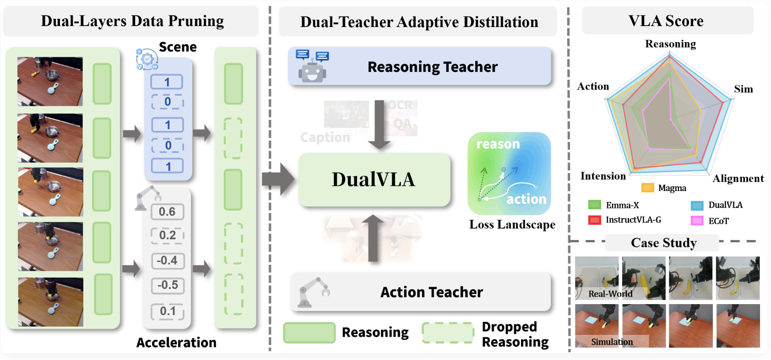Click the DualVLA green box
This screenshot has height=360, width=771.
pos(374,180)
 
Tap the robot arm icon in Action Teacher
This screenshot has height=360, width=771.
pos(313,292)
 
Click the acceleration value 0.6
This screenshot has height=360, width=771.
pos(167,212)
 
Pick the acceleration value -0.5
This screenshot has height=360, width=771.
pos(168,285)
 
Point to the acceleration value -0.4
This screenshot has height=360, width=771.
pos(167,261)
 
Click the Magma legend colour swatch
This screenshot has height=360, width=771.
pos(647,188)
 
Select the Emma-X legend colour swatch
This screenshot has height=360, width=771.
pos(594,205)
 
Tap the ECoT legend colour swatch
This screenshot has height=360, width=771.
pos(697,221)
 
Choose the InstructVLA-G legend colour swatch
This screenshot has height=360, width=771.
pos(594,220)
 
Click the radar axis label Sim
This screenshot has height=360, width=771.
pos(743,89)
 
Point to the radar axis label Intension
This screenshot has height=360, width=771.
pos(603,176)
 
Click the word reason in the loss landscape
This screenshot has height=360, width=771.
pos(498,144)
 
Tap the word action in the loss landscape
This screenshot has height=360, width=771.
pos(526,199)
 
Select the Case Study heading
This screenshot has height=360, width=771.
pos(663,243)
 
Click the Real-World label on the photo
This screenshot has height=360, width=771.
pos(610,294)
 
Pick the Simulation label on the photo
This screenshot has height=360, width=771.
pos(612,342)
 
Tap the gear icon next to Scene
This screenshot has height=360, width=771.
pos(147,59)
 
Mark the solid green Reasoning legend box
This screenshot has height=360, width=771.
pos(309,333)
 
